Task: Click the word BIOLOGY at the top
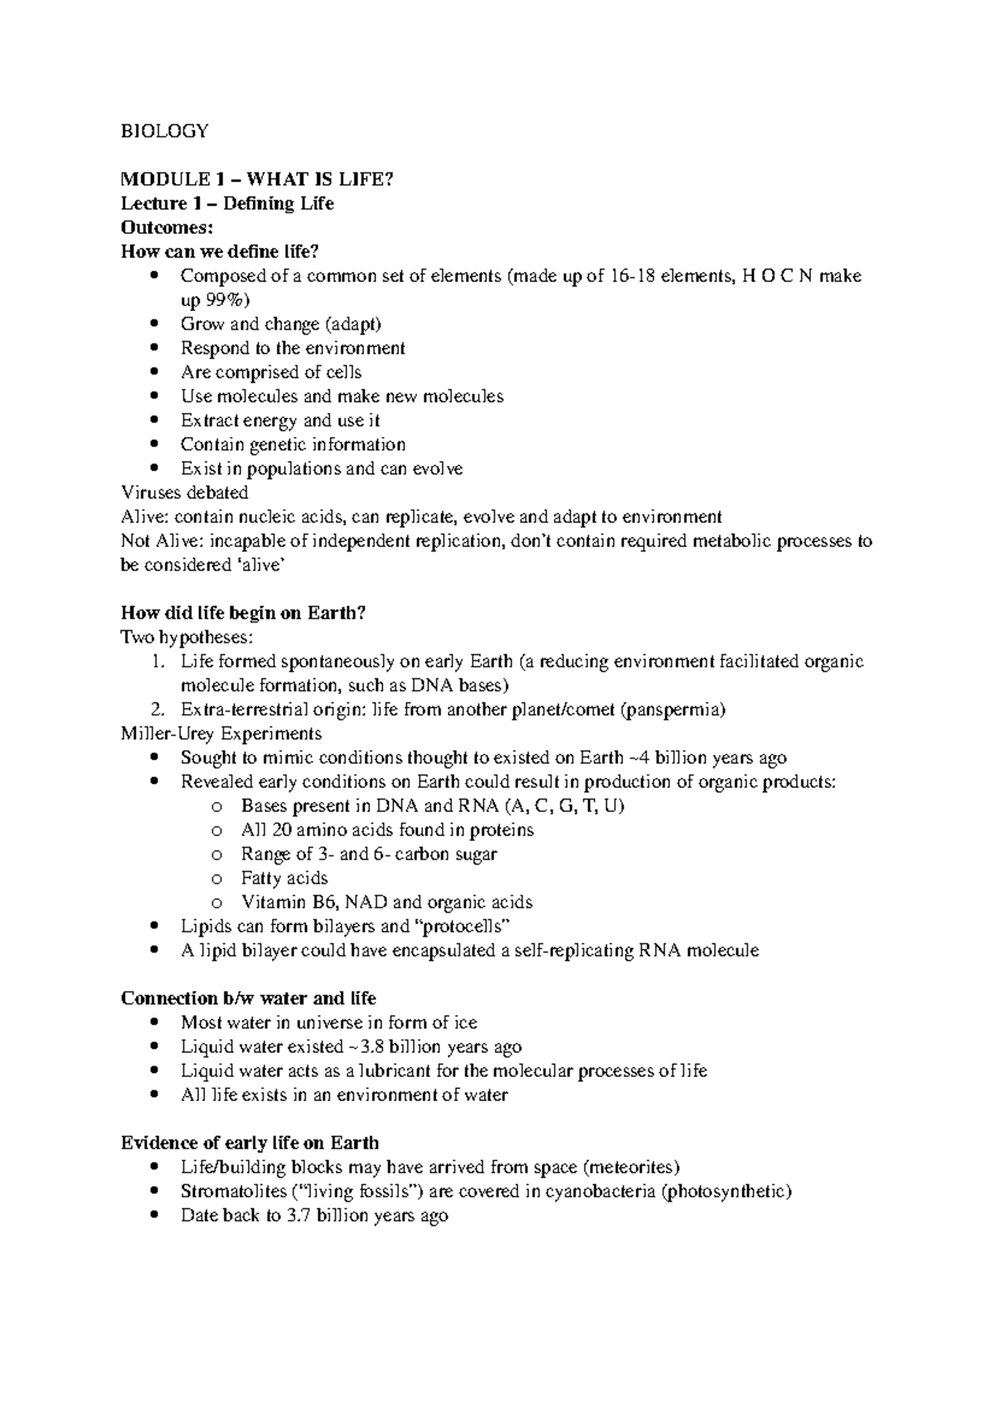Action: click(164, 131)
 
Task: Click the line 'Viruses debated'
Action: click(184, 493)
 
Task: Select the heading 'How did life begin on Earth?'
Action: click(243, 613)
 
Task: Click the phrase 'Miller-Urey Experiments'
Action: click(221, 734)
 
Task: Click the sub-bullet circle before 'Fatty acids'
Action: click(217, 879)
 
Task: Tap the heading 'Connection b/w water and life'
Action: click(248, 998)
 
